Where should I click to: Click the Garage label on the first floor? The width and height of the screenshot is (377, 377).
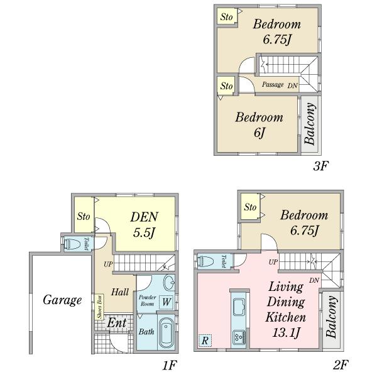pyautogui.click(x=62, y=300)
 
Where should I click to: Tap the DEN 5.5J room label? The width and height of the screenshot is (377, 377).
pyautogui.click(x=144, y=224)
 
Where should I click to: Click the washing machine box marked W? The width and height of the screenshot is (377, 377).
pyautogui.click(x=166, y=302)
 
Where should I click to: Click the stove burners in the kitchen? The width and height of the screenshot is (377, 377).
pyautogui.click(x=240, y=336)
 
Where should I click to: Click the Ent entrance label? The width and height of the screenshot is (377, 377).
pyautogui.click(x=117, y=323)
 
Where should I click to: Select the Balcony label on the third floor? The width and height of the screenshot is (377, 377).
pyautogui.click(x=310, y=124)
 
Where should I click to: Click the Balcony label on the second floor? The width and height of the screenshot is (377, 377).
pyautogui.click(x=332, y=317)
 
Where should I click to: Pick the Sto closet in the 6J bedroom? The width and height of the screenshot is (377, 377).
pyautogui.click(x=226, y=85)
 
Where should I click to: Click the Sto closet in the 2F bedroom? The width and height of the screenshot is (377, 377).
pyautogui.click(x=249, y=207)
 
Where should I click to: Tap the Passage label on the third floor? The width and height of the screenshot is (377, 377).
pyautogui.click(x=273, y=84)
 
